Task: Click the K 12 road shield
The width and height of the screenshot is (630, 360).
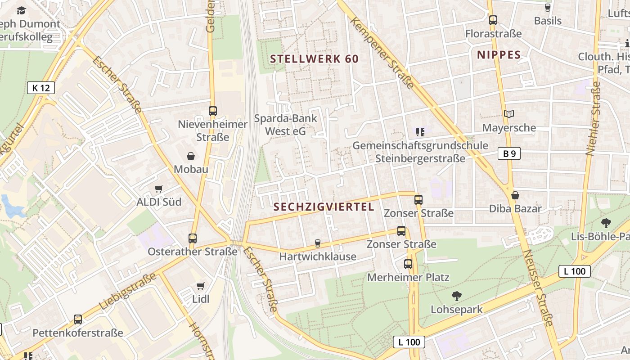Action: point(41,88)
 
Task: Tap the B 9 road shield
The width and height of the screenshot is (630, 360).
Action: point(509,154)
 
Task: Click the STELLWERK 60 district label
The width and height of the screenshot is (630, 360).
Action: point(314,59)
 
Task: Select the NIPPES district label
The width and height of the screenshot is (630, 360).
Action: point(499,55)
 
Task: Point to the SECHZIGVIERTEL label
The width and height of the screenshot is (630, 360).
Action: point(324,207)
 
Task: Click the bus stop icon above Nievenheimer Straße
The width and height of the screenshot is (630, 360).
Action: point(213,111)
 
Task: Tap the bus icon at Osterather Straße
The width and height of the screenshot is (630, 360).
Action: point(193,238)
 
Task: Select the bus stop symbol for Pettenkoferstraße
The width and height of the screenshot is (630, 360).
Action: point(78,319)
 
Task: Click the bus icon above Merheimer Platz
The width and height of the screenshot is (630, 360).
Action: point(408,264)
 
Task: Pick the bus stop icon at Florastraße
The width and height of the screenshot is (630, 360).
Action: point(493,20)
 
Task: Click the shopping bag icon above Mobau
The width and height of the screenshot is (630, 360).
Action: point(191,156)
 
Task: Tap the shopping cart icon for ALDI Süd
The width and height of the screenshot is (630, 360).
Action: point(158,189)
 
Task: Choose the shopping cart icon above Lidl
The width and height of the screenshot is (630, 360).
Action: point(201,286)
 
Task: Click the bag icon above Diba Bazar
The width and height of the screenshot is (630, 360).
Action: point(515,195)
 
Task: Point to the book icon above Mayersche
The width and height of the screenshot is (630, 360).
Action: point(509,114)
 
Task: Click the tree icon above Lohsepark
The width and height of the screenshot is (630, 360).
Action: point(457,296)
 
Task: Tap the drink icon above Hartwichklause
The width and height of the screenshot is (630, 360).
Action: point(318,243)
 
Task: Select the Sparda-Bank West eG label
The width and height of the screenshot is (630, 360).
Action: point(286,125)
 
